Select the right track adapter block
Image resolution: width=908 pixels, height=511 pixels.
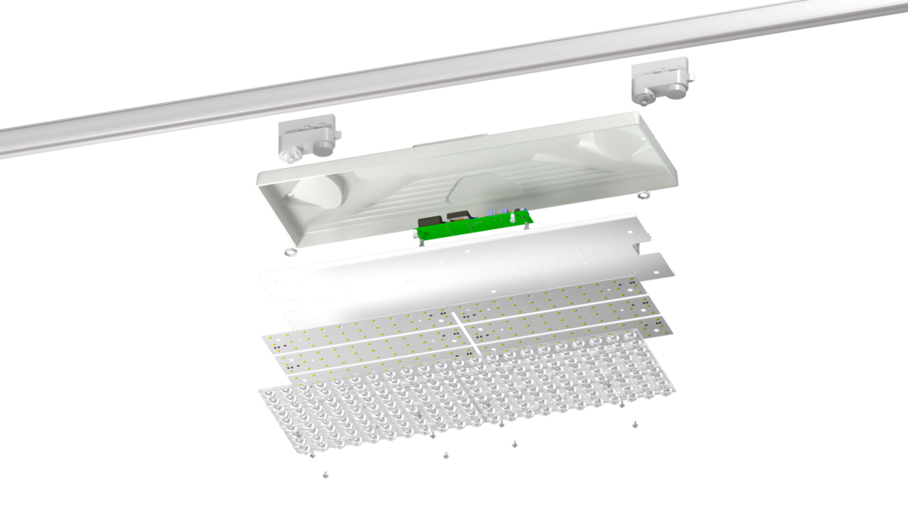[x=660, y=83]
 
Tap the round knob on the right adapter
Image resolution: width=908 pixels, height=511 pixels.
[x=649, y=100]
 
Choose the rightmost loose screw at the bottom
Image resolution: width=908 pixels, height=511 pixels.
[x=635, y=423]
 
